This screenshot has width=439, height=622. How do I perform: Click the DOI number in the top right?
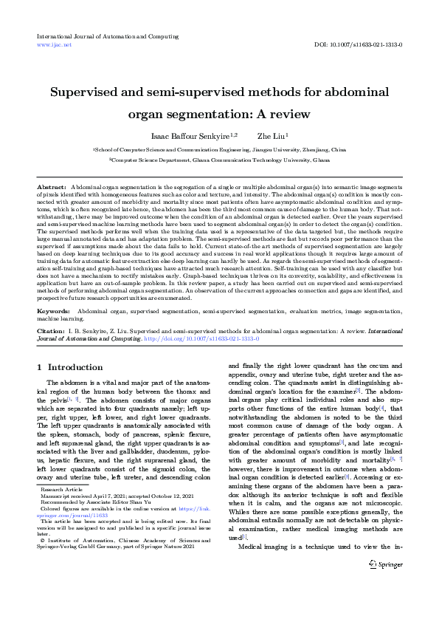click(x=358, y=44)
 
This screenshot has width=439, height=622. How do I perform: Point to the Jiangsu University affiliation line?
click(x=219, y=148)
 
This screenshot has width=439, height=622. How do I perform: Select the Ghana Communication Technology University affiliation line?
click(x=219, y=159)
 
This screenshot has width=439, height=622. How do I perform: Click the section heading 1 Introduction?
click(x=70, y=367)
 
